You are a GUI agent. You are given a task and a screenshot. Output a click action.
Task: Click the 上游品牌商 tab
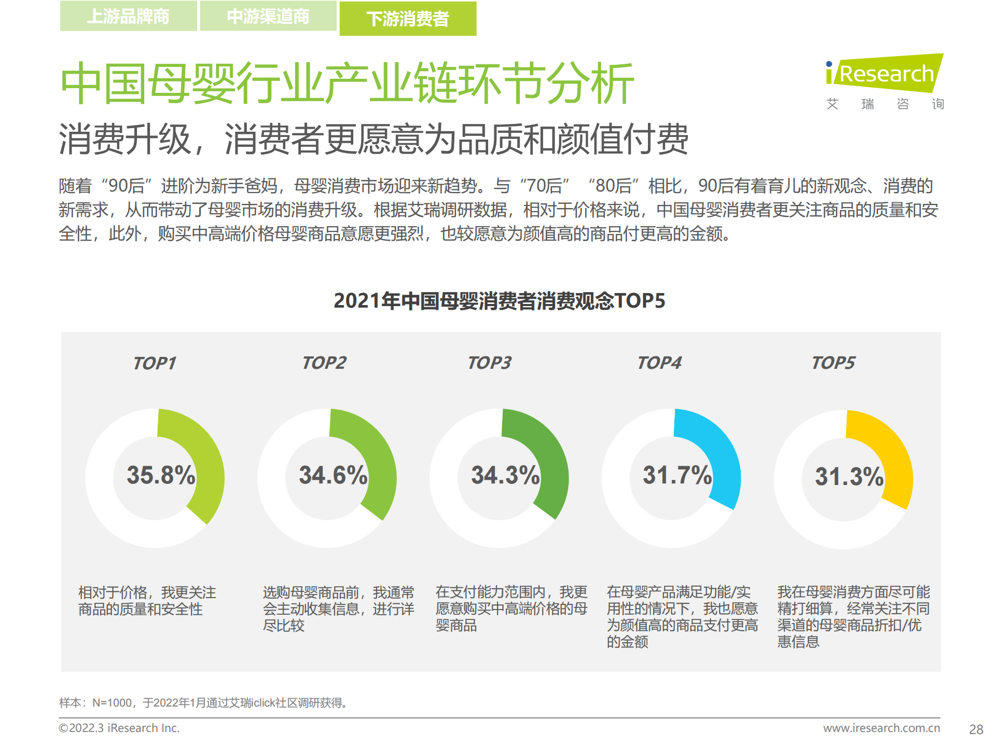point(128,17)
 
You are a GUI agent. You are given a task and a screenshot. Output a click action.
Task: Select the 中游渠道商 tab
point(268,17)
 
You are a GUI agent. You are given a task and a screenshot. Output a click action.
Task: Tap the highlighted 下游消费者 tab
point(408,19)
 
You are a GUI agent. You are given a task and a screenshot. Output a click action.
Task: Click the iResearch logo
point(884,75)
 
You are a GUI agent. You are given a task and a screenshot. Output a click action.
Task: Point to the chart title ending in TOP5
point(499,301)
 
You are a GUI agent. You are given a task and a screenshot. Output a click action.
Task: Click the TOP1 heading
point(155,363)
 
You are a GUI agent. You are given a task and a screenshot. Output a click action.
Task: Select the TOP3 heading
point(489,363)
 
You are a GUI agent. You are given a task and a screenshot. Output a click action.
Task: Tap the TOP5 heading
point(833,363)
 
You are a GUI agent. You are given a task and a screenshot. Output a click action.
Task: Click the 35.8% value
point(161,475)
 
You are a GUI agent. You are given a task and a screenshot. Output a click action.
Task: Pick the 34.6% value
point(333,475)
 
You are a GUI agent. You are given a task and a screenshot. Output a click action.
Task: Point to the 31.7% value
point(677,475)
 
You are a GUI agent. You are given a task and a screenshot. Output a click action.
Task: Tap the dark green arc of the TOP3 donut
point(548,457)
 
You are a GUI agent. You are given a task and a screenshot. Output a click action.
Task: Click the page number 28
point(976,729)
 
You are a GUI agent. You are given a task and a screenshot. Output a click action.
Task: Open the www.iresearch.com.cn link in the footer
point(881,728)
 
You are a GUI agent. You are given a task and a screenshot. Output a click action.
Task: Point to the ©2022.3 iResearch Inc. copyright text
point(119,728)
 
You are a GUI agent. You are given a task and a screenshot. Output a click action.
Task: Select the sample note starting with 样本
point(203,703)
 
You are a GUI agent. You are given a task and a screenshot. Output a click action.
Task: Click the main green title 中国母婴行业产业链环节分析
point(347,83)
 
